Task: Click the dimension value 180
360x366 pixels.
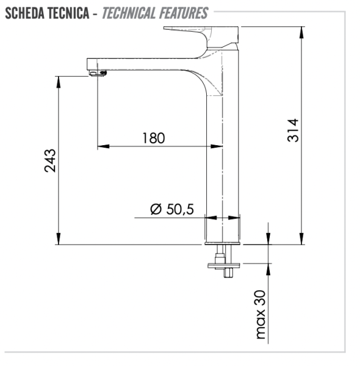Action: [x=153, y=138]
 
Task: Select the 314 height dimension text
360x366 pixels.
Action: [x=293, y=130]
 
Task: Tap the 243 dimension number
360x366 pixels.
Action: [x=50, y=160]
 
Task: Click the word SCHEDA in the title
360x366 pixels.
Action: [x=26, y=13]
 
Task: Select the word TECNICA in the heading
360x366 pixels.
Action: [x=72, y=13]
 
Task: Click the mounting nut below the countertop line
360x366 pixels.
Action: [x=225, y=265]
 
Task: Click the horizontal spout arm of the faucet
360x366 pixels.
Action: [x=146, y=62]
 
